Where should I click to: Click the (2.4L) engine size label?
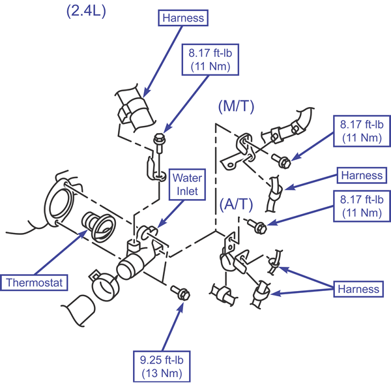(86, 12)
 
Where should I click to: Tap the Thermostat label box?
(34, 283)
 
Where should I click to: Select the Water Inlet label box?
(187, 185)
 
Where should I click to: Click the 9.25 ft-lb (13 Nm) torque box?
(162, 367)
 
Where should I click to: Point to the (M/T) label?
(236, 106)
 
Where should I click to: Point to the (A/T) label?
(236, 204)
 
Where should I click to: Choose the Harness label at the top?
(183, 18)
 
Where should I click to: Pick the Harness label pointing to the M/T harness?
(362, 176)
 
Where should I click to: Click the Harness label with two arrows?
(358, 289)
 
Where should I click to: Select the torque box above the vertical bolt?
(210, 59)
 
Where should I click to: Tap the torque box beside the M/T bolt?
(362, 131)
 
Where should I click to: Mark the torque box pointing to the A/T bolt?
(362, 206)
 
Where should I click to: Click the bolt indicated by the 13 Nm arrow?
(181, 293)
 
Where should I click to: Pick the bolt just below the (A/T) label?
(257, 226)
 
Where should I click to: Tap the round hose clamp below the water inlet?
(105, 284)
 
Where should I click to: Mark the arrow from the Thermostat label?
(61, 252)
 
